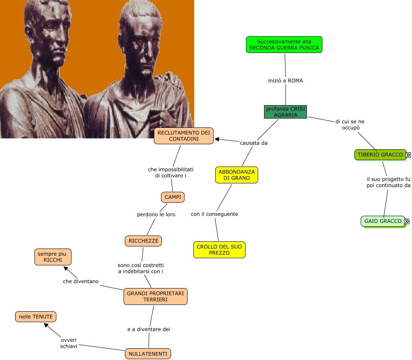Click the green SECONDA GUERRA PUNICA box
click(x=284, y=45)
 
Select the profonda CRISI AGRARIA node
click(x=285, y=112)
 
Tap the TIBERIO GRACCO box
click(x=380, y=155)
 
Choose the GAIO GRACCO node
click(x=383, y=221)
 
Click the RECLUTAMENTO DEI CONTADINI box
click(x=184, y=136)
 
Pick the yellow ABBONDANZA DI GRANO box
click(x=236, y=175)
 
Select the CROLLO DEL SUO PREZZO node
click(x=219, y=250)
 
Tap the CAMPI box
click(x=173, y=197)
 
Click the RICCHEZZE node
click(x=143, y=241)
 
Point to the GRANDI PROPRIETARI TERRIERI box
click(x=155, y=296)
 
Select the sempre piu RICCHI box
click(x=53, y=257)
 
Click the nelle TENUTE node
click(x=36, y=317)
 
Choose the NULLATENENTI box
click(x=148, y=354)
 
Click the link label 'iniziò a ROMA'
click(x=285, y=80)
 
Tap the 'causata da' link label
click(x=254, y=143)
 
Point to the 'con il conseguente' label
click(x=214, y=214)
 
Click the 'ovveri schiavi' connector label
click(x=69, y=343)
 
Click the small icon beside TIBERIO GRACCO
click(x=408, y=155)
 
